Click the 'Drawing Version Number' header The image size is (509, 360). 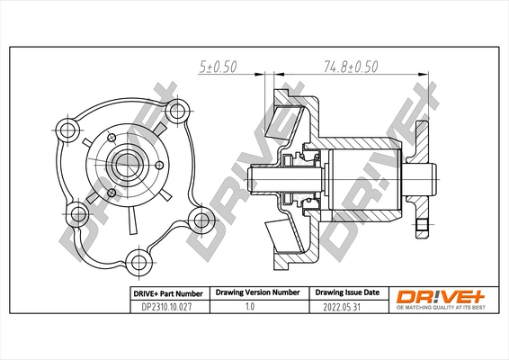tap(256, 293)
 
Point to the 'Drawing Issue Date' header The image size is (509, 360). tap(346, 293)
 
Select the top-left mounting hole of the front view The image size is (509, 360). tap(67, 127)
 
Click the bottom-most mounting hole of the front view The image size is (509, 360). tap(138, 261)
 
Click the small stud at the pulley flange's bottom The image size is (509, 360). tap(421, 228)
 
